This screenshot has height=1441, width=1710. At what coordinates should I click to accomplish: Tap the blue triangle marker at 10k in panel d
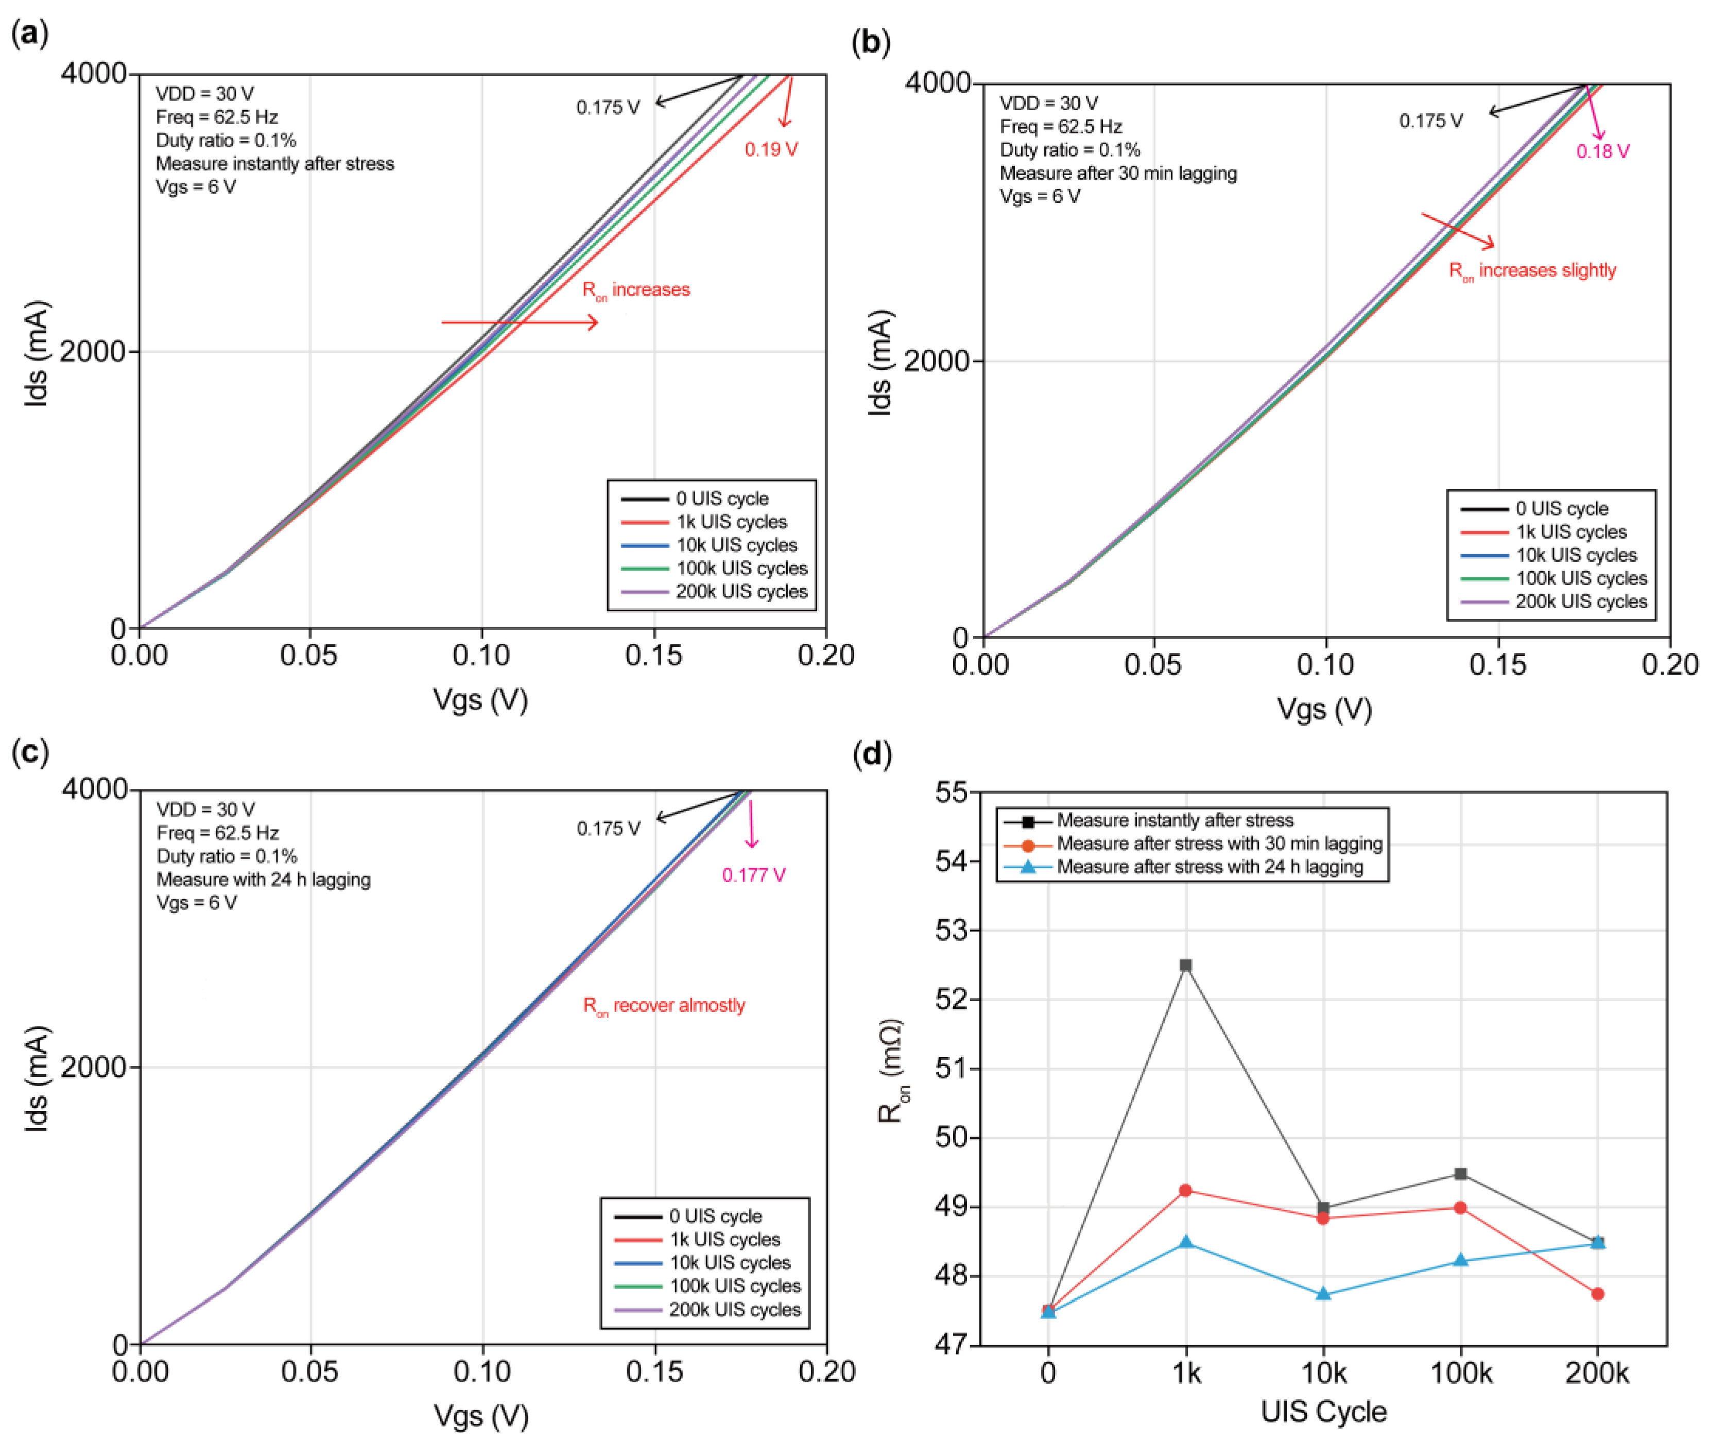(1324, 1294)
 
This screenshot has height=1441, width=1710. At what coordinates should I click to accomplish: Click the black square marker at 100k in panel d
(1461, 1173)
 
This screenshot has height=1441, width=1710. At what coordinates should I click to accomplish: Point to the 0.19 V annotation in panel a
(771, 149)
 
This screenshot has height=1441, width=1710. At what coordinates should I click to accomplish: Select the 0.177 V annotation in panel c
(753, 875)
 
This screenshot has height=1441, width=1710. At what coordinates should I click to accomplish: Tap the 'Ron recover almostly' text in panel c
(664, 1006)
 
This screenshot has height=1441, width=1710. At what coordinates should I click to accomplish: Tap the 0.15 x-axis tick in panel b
(1498, 665)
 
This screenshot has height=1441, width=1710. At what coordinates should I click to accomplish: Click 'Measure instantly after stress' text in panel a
(274, 163)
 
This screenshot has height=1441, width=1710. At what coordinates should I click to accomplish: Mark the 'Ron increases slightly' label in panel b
(1532, 270)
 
